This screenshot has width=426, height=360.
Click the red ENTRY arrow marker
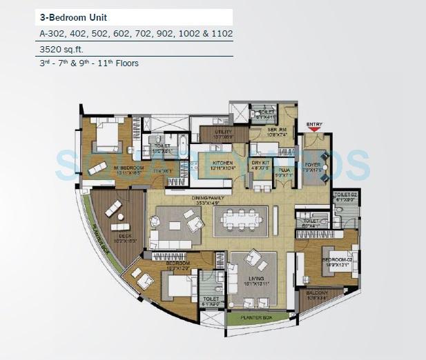314,128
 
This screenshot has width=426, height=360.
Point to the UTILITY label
223,131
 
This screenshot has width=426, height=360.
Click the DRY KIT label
260,163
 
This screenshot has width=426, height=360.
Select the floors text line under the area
89,63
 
